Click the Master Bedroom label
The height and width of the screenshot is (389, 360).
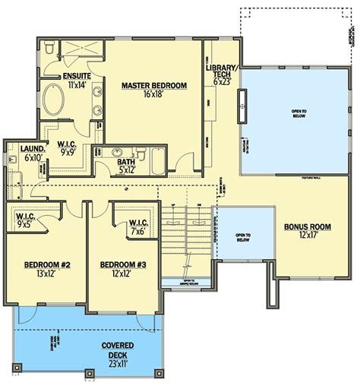(153, 86)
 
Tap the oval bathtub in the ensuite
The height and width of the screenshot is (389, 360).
(54, 100)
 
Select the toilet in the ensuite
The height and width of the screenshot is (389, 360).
(49, 48)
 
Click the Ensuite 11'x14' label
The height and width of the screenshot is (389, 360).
(77, 81)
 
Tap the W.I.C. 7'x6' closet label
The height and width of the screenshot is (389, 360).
(137, 226)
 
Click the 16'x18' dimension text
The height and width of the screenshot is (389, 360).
(153, 95)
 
